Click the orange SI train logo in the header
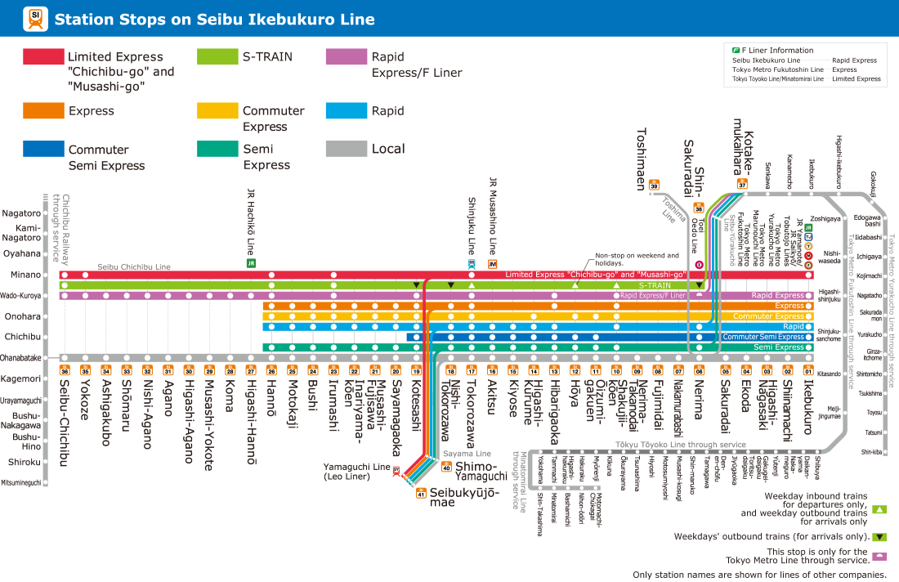(x=36, y=19)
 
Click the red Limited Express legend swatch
(x=42, y=56)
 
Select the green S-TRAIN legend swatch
(x=217, y=56)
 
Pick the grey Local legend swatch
(x=345, y=149)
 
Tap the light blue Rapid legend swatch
(x=345, y=110)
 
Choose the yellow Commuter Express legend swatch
(x=217, y=110)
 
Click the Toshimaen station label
(x=642, y=158)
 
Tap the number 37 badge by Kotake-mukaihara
(x=742, y=184)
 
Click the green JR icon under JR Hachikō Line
(x=251, y=263)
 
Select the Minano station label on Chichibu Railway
(x=27, y=275)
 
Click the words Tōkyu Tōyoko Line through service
(x=681, y=445)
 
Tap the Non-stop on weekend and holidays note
(x=637, y=258)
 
